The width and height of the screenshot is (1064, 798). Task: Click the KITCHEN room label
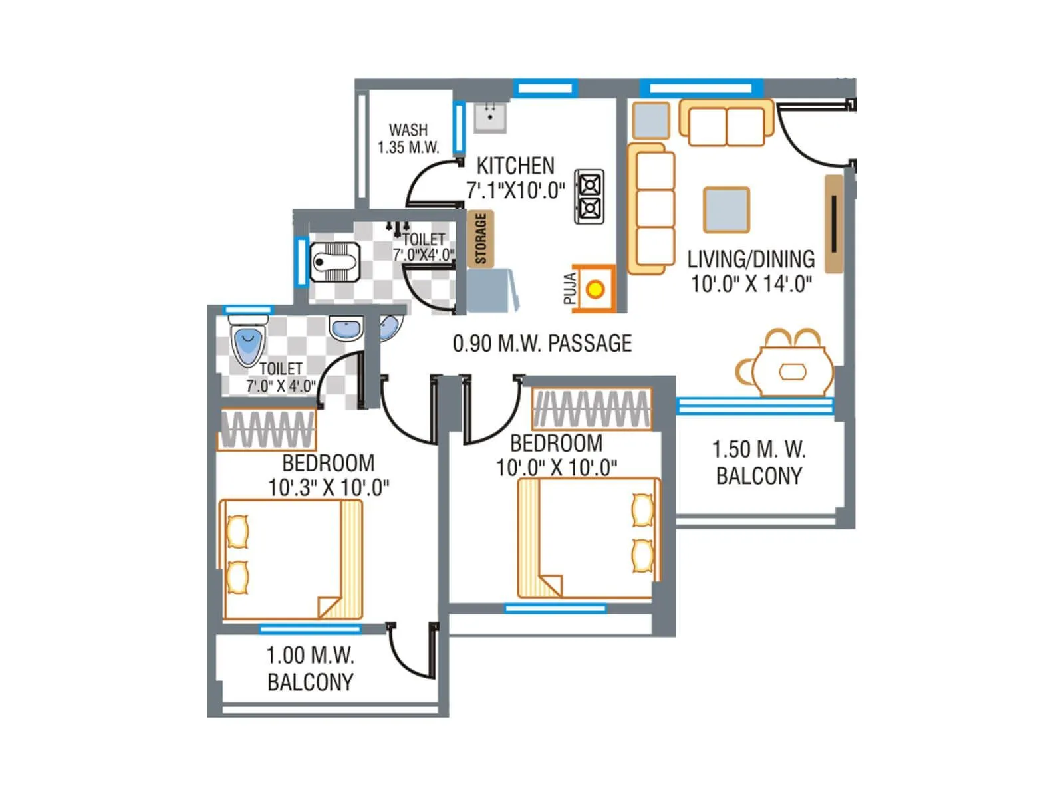point(515,165)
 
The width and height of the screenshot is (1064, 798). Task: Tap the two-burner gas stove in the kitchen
point(589,196)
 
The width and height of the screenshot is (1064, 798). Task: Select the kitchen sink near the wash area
point(490,118)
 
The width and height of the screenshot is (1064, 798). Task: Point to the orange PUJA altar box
point(595,289)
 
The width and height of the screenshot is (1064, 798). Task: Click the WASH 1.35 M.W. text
point(408,139)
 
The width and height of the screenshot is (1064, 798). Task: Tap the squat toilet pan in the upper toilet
point(336,261)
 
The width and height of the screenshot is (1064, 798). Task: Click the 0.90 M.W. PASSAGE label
point(542,344)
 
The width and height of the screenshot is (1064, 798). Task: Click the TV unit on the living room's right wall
point(833,224)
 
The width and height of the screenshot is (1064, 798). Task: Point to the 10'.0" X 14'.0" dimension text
point(751,284)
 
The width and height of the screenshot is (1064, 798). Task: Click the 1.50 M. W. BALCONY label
point(759,462)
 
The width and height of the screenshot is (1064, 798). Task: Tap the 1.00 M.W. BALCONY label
point(310,668)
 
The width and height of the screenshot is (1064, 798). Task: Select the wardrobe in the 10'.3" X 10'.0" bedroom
point(267,430)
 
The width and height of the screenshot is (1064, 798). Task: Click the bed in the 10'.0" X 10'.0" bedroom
point(589,539)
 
